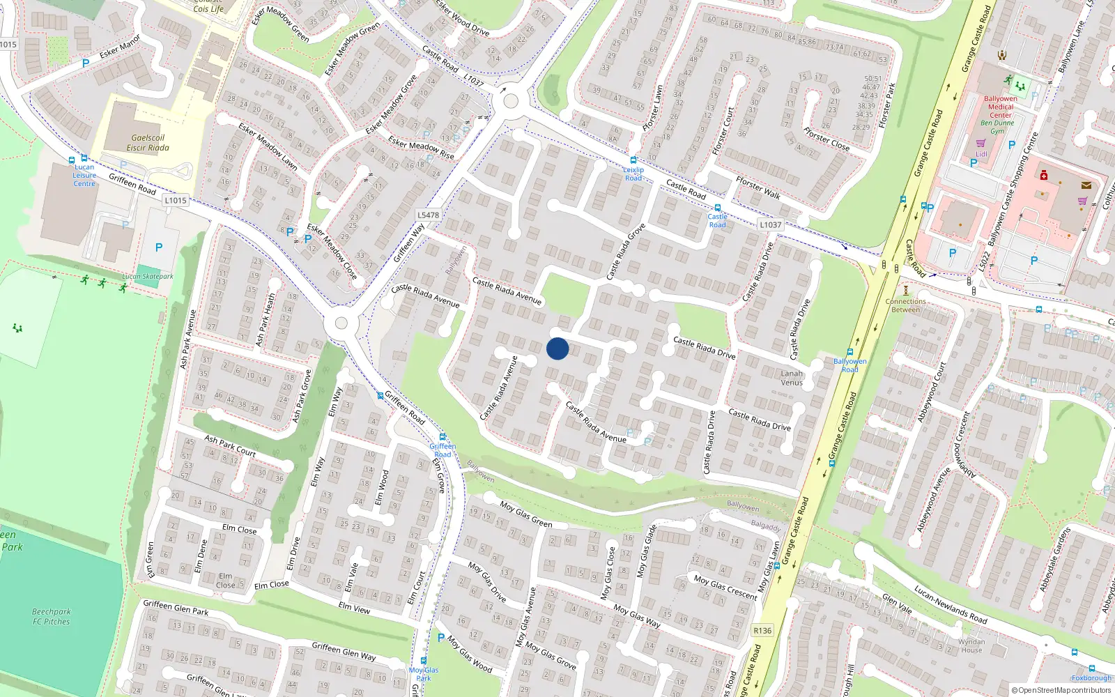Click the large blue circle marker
pos(557,348)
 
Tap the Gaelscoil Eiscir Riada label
pos(148,143)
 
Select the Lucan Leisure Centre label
pos(84,175)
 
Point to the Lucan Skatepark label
pos(148,277)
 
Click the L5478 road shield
pos(428,215)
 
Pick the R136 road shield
pos(762,631)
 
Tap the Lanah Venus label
pos(792,378)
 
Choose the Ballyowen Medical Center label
pos(1001,107)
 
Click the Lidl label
pos(981,154)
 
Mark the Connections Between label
pos(906,305)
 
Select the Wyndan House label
pos(971,645)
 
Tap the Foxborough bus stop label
pos(1091,677)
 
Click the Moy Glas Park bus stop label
pos(424,674)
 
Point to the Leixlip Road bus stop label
pos(633,174)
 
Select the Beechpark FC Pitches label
pos(52,616)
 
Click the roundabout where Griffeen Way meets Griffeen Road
pos(341,323)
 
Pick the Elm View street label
pos(354,607)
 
